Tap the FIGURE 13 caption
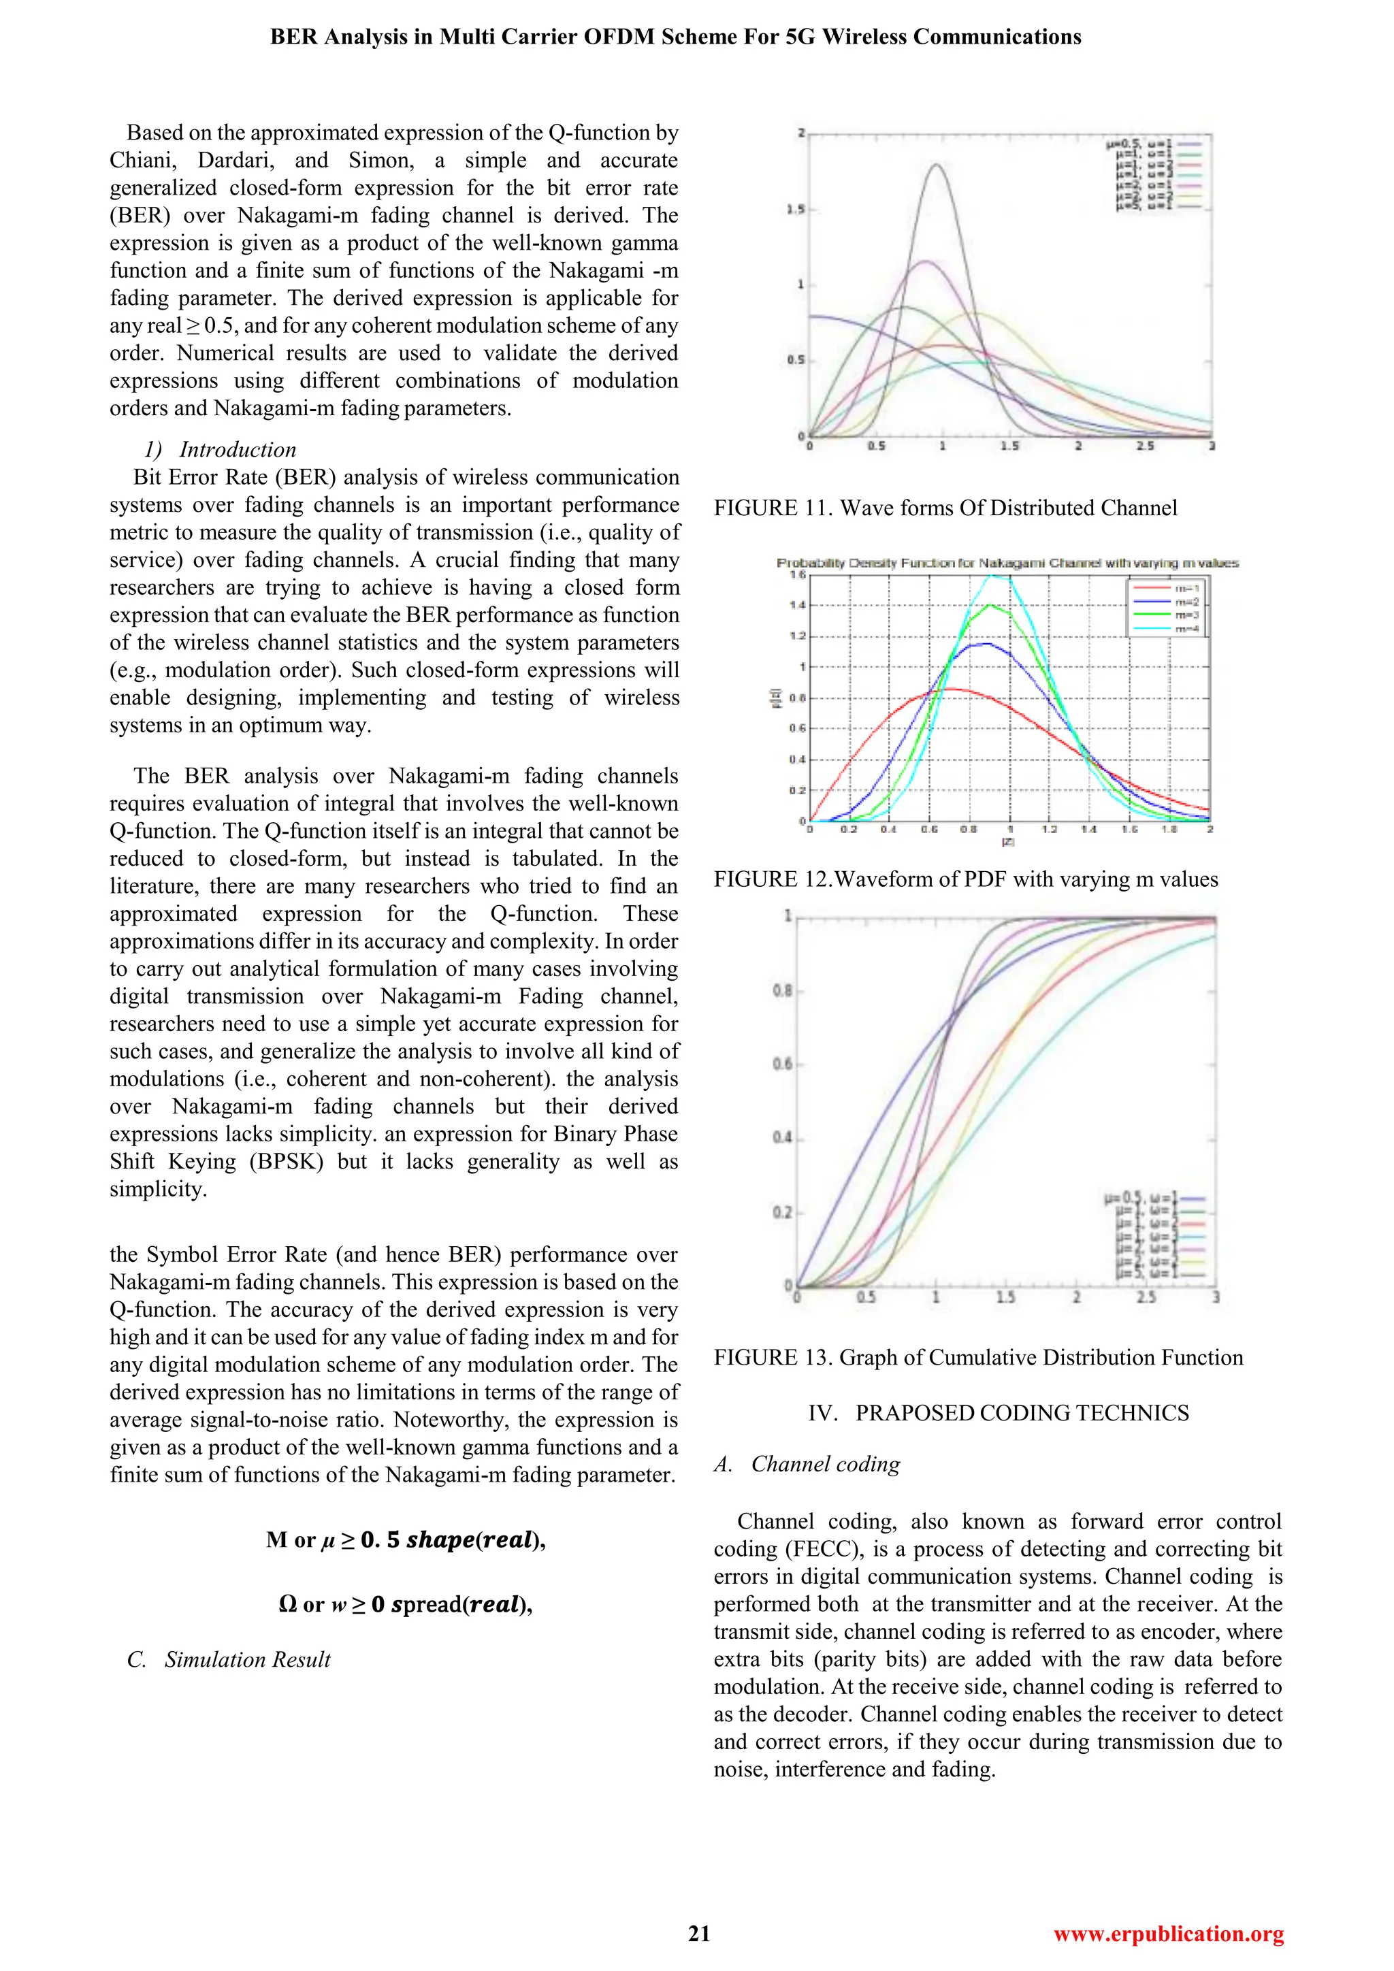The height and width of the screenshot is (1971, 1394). (977, 1357)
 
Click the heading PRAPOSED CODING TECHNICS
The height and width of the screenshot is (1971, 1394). (999, 1413)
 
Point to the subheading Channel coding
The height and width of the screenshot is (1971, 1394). (825, 1464)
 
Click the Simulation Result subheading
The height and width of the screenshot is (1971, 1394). (247, 1659)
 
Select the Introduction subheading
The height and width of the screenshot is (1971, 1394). (237, 449)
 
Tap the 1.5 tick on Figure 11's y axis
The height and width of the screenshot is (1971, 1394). (796, 210)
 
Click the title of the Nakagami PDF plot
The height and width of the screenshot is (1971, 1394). (1007, 563)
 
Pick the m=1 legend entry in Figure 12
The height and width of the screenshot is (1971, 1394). (1167, 588)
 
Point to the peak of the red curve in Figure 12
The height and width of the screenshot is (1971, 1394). (950, 689)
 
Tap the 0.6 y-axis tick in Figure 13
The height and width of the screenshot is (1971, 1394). (781, 1064)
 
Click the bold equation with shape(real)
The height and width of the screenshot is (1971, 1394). (405, 1540)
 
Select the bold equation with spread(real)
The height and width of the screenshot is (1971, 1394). (405, 1604)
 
